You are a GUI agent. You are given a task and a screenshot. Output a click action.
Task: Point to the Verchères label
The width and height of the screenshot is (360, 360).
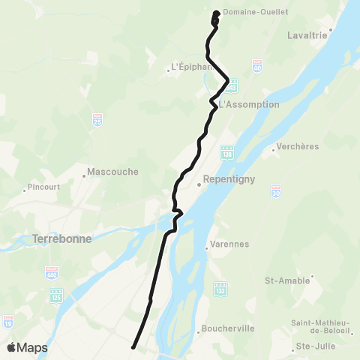pyautogui.click(x=298, y=146)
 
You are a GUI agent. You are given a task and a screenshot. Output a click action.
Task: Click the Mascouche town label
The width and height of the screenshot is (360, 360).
pyautogui.click(x=113, y=171)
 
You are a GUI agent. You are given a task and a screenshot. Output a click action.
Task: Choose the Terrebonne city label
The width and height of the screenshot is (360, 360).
pyautogui.click(x=63, y=239)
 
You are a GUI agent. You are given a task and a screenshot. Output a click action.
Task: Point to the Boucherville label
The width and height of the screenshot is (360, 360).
pyautogui.click(x=228, y=328)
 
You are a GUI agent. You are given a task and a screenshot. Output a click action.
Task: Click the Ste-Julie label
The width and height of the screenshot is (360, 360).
pyautogui.click(x=314, y=346)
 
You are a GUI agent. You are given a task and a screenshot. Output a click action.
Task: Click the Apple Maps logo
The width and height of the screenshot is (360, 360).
pyautogui.click(x=28, y=347)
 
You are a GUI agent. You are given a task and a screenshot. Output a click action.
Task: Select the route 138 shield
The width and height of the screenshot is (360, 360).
pyautogui.click(x=227, y=152)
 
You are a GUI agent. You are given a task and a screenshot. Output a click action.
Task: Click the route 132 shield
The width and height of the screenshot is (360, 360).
pyautogui.click(x=219, y=288)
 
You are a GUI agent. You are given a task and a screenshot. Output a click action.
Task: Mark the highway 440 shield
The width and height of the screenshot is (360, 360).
pyautogui.click(x=52, y=272)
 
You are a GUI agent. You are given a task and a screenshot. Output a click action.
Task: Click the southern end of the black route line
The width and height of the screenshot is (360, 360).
pyautogui.click(x=133, y=346)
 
